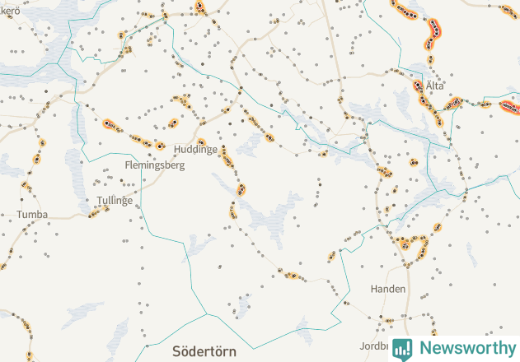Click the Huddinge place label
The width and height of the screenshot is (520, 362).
coord(196,150)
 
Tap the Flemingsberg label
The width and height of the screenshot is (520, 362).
coord(154,165)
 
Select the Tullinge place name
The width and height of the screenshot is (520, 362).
coord(115,200)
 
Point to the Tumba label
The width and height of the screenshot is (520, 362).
coord(32,215)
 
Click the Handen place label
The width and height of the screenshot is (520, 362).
coord(387,289)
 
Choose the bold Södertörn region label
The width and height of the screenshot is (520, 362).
coord(204,351)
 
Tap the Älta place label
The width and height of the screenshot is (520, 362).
coord(435,86)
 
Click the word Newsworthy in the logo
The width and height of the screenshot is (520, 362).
coord(466,347)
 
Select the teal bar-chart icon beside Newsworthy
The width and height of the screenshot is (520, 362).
coord(402,348)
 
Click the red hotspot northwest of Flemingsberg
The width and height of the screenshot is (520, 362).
coord(110,125)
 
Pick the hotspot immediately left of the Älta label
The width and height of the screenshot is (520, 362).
coord(419,86)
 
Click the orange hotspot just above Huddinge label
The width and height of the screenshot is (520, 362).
coord(200,142)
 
